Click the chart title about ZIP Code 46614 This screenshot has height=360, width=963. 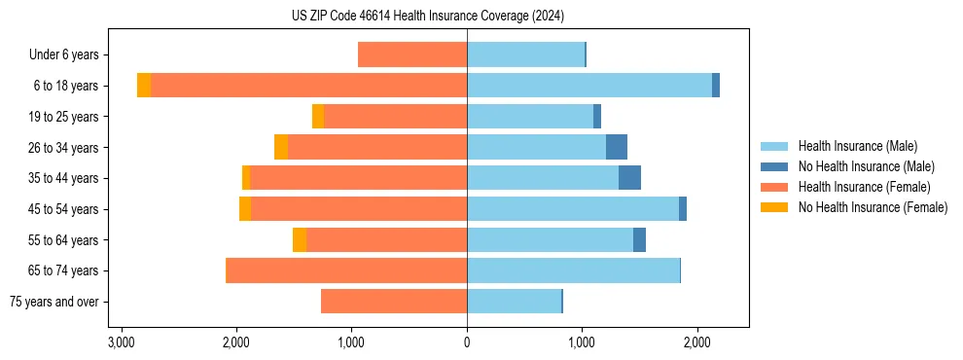click(427, 17)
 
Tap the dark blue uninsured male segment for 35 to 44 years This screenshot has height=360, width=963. click(629, 178)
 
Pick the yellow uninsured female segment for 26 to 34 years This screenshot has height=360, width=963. click(281, 147)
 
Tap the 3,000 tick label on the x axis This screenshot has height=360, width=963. click(121, 342)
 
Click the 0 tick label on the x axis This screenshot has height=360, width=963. click(467, 342)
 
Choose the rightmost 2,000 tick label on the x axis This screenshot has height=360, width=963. click(696, 342)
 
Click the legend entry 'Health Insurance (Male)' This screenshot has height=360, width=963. click(857, 146)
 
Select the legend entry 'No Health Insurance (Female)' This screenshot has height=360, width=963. click(873, 207)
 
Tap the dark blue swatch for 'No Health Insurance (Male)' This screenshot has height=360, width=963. click(774, 166)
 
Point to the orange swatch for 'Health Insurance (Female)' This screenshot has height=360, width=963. click(774, 187)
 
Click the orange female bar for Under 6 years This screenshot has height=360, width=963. click(412, 54)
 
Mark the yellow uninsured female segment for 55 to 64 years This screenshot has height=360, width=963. click(300, 240)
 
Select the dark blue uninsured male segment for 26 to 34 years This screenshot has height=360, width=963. click(617, 147)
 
